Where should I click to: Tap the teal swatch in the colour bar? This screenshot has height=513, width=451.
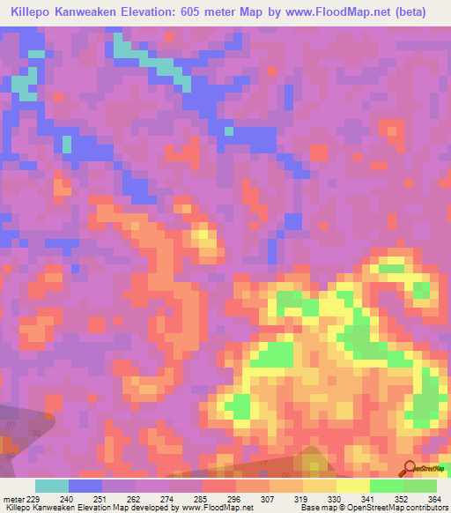(52, 486)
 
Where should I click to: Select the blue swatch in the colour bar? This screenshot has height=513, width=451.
(85, 486)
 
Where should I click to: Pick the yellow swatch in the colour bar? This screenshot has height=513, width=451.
(353, 486)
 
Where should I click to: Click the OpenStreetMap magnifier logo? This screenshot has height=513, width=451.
(409, 469)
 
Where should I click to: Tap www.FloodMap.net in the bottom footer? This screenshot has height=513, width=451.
(217, 509)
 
